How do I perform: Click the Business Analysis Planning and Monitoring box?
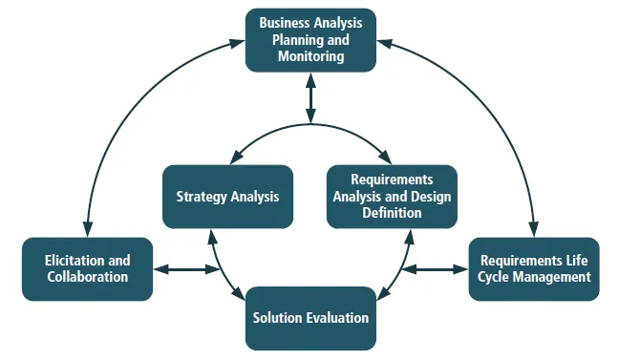(310, 40)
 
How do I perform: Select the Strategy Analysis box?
(227, 197)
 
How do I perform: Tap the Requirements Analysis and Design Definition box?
(392, 196)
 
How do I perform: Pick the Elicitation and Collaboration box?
(87, 268)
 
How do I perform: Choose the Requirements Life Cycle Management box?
(534, 268)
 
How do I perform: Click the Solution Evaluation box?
(310, 317)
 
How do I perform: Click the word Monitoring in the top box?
(310, 57)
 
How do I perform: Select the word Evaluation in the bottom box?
(337, 317)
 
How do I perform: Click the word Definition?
(392, 213)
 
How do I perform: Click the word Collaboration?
(87, 277)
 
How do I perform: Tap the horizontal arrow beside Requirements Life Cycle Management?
(435, 269)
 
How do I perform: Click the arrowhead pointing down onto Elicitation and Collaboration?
(88, 230)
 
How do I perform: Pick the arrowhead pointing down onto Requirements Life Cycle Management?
(533, 230)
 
